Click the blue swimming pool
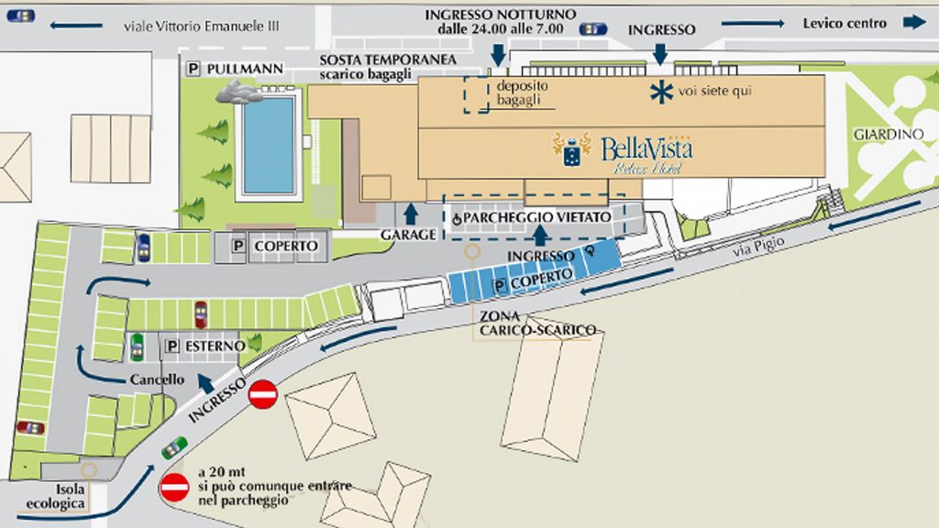269,144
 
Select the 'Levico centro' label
845,23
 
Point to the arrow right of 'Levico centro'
914,23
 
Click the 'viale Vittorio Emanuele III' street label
199,27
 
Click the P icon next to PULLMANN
193,69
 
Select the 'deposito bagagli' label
520,93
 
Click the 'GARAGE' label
409,235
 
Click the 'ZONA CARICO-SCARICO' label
536,323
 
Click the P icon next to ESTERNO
172,346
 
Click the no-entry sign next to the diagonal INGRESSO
263,395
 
